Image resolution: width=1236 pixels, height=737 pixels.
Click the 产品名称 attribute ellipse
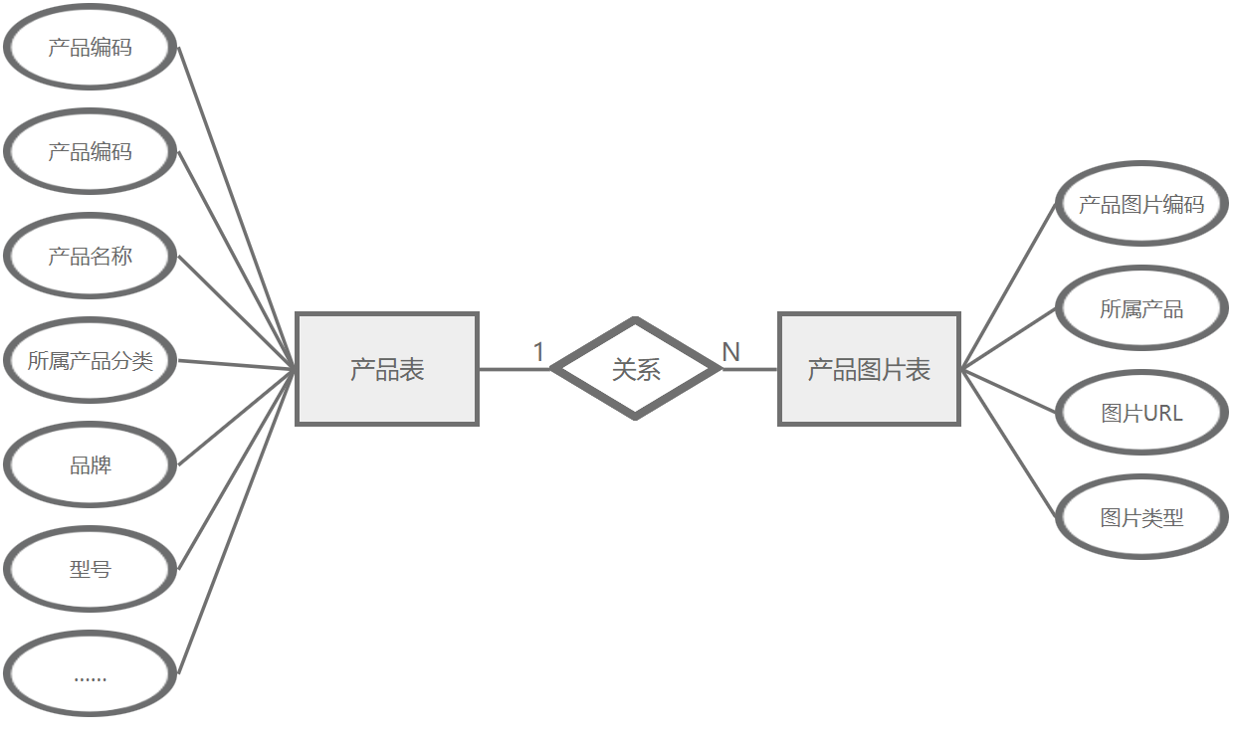tap(90, 257)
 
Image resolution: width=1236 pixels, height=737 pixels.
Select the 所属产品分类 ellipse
tap(90, 361)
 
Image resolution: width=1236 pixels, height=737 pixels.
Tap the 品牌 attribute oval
tap(90, 465)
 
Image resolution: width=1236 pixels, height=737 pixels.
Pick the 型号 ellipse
tap(90, 570)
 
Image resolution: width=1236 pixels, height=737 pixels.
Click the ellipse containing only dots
tap(90, 674)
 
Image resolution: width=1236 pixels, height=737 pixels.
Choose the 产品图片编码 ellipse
tap(1140, 205)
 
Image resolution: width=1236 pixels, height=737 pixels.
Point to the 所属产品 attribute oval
tap(1140, 309)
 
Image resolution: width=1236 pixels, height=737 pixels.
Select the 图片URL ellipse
tap(1140, 413)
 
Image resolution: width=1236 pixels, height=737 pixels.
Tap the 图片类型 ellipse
tap(1140, 517)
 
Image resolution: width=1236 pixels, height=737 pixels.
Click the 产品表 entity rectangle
tap(387, 369)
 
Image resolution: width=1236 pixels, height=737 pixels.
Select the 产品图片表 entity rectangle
tap(869, 369)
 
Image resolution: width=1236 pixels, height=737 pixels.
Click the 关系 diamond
tap(635, 369)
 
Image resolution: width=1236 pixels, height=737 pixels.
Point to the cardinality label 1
tap(538, 352)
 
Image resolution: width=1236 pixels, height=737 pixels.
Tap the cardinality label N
tap(730, 352)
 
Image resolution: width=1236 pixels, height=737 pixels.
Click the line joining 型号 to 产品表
tap(237, 469)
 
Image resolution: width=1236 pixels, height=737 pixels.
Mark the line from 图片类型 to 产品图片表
tap(1008, 444)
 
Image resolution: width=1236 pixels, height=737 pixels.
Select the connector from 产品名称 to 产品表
tap(237, 313)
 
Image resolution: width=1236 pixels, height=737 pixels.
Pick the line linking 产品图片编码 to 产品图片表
tap(1008, 286)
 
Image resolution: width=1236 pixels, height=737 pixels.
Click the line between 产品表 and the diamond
tap(514, 369)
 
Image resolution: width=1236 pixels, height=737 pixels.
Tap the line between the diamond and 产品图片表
tap(750, 369)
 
